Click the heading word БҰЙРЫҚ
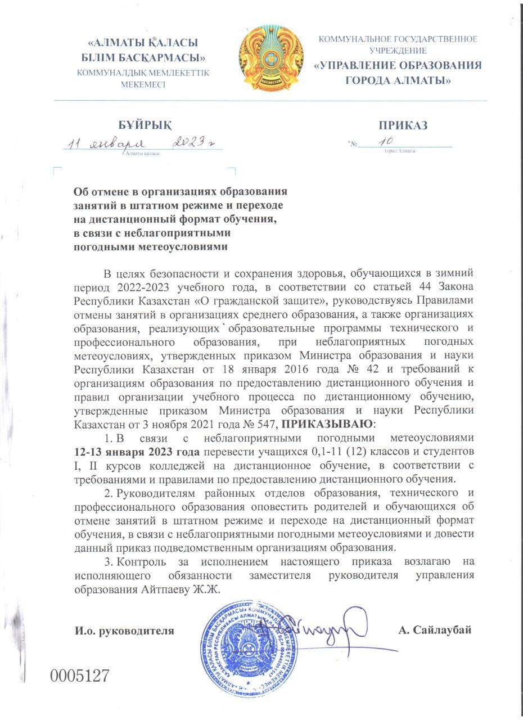[x=145, y=125]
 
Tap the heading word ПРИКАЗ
[x=403, y=125]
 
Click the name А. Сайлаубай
[x=434, y=630]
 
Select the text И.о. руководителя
[x=124, y=631]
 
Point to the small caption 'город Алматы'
[x=400, y=151]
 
